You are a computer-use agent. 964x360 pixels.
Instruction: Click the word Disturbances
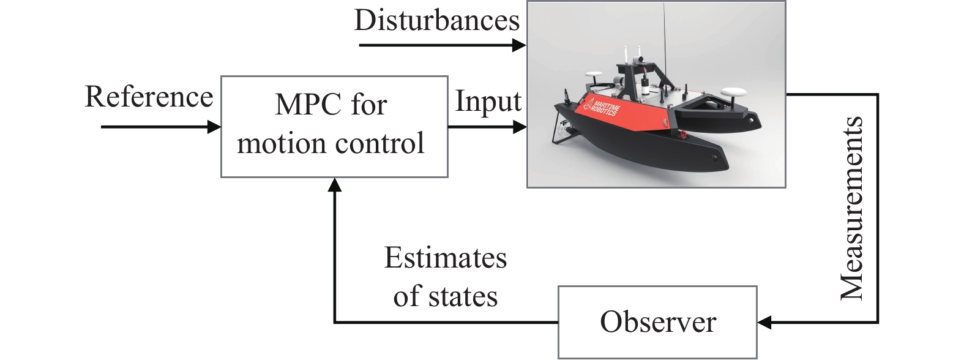[437, 20]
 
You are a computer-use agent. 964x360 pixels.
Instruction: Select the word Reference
[149, 97]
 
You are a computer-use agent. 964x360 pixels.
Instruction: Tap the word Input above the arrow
[488, 102]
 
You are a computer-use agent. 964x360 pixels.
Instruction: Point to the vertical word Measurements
[851, 208]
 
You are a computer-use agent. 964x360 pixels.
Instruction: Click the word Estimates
[446, 258]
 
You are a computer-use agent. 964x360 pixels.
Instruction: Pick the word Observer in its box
[658, 321]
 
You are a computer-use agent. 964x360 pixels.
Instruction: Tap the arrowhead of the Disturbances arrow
[519, 45]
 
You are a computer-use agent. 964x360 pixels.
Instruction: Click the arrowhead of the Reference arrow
[214, 127]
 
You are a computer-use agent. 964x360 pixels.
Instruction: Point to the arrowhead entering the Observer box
[764, 322]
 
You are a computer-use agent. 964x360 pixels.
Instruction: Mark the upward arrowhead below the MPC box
[334, 185]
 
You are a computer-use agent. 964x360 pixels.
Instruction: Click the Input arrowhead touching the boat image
[520, 127]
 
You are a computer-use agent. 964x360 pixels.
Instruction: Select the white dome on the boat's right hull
[733, 92]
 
